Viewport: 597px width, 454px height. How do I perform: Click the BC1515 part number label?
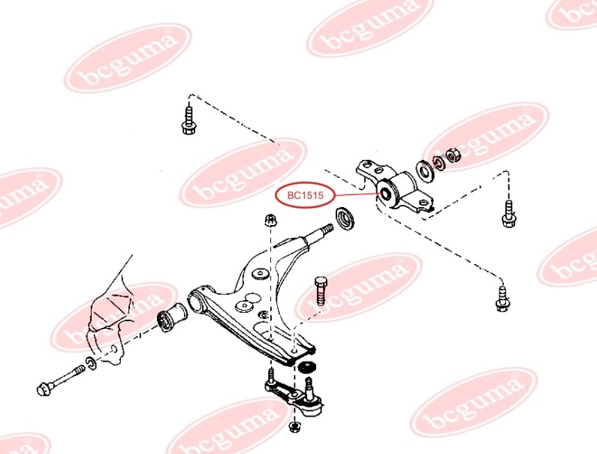point(305,196)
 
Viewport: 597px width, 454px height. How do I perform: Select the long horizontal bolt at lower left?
point(60,380)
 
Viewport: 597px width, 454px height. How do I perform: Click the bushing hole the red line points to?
point(386,194)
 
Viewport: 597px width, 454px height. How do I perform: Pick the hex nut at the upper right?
point(453,155)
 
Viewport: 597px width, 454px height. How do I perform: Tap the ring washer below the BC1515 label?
point(345,218)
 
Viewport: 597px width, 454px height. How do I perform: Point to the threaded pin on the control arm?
point(320,234)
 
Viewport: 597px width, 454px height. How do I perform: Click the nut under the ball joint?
point(294,426)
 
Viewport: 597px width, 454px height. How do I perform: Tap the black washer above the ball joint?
point(306,367)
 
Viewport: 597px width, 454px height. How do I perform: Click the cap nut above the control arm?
point(270,220)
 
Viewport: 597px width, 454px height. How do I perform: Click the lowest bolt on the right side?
point(502,299)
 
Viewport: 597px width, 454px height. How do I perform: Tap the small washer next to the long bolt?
point(92,362)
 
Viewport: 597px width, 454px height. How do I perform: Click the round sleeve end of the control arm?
point(197,301)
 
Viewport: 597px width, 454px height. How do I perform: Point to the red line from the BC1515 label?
point(359,194)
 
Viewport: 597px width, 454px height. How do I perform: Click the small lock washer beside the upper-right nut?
point(439,162)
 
